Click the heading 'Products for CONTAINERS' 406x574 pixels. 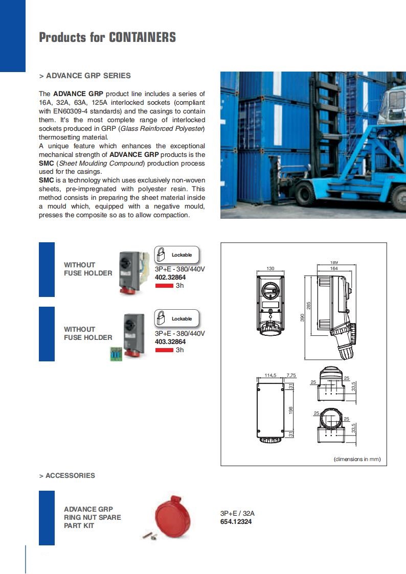pyautogui.click(x=107, y=37)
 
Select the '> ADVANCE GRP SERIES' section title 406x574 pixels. pyautogui.click(x=85, y=76)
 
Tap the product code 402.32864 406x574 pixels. pyautogui.click(x=170, y=278)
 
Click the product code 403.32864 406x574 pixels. pyautogui.click(x=170, y=342)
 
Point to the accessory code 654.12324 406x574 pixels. pyautogui.click(x=236, y=521)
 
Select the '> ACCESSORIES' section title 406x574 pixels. pyautogui.click(x=67, y=475)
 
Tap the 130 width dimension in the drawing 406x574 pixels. pyautogui.click(x=271, y=268)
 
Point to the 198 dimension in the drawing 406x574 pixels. pyautogui.click(x=291, y=409)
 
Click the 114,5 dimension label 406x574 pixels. pyautogui.click(x=270, y=375)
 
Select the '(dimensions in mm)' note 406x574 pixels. pyautogui.click(x=357, y=459)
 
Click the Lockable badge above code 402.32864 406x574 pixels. pyautogui.click(x=176, y=255)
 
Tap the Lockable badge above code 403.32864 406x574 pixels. pyautogui.click(x=176, y=318)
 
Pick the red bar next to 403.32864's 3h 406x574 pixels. pyautogui.click(x=164, y=350)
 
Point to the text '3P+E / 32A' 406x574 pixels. pyautogui.click(x=237, y=513)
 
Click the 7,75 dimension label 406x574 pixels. pyautogui.click(x=291, y=375)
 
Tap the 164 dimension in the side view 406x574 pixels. pyautogui.click(x=334, y=268)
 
